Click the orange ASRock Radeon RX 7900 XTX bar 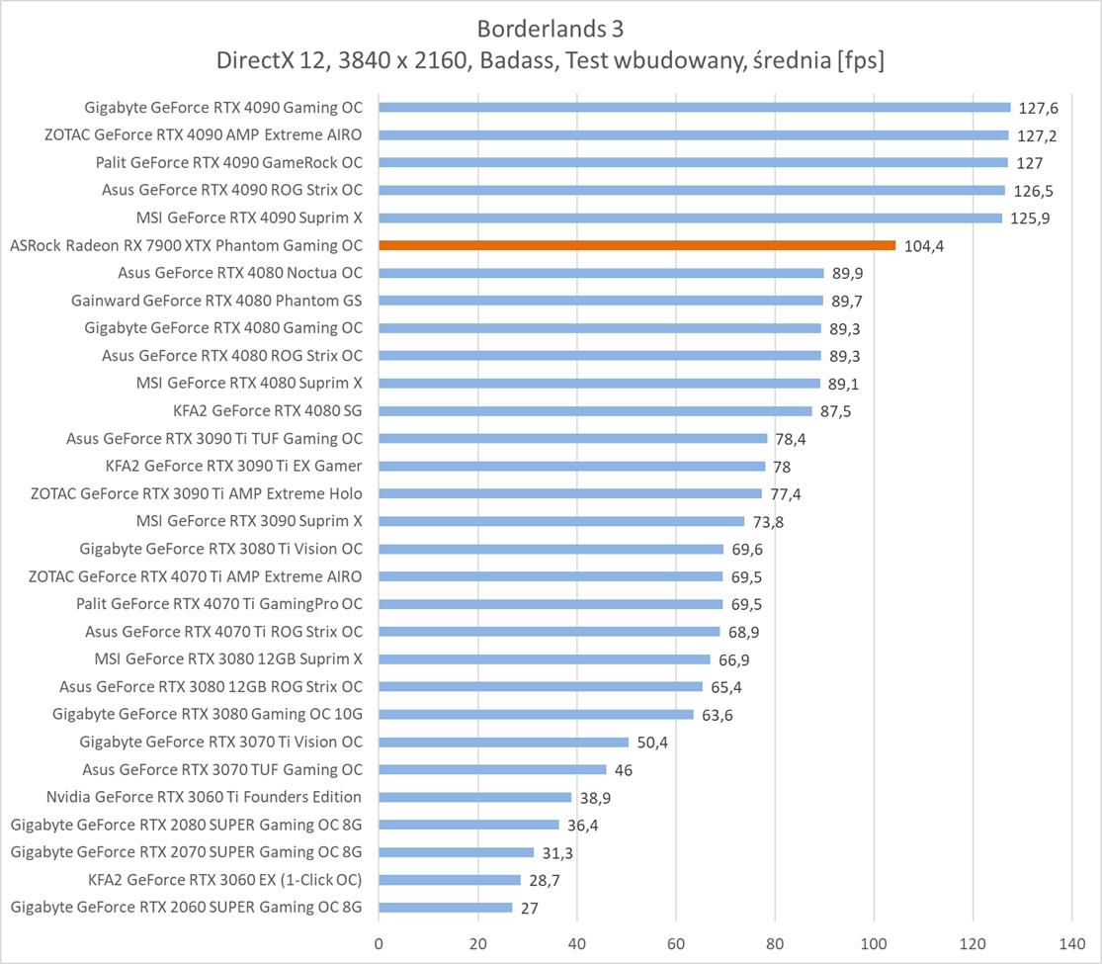click(x=636, y=245)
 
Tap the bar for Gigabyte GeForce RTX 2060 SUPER click(x=445, y=907)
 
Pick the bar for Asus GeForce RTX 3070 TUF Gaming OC click(x=492, y=769)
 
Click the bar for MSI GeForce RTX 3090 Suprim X click(x=561, y=521)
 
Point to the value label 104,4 click(x=924, y=246)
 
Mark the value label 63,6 click(x=718, y=715)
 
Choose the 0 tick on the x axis click(x=379, y=944)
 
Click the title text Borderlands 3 click(x=551, y=28)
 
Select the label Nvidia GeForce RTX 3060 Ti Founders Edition click(x=204, y=797)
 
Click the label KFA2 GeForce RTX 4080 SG click(x=267, y=410)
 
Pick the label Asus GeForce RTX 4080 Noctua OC click(x=240, y=273)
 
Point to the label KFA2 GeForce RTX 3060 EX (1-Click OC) click(x=224, y=880)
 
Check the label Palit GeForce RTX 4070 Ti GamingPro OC click(x=219, y=604)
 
